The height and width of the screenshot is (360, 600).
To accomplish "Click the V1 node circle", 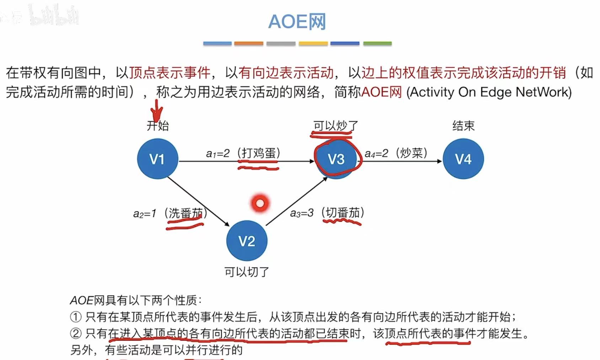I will pos(157,159).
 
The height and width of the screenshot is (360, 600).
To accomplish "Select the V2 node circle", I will pos(247,241).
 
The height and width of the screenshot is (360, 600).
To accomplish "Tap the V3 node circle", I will pos(336,159).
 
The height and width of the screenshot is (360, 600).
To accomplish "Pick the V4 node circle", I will pos(463,159).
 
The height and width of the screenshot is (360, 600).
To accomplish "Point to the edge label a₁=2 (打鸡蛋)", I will pos(243,153).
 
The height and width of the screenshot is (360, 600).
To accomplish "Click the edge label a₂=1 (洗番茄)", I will pos(170,213).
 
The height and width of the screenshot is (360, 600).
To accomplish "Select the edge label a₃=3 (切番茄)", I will pos(327,213).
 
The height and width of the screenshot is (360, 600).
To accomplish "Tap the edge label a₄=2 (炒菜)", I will pos(396,153).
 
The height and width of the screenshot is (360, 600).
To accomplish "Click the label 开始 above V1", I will pos(158,126).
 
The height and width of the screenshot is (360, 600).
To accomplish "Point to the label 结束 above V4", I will pos(463,126).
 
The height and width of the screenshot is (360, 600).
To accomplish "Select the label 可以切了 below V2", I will pos(247,272).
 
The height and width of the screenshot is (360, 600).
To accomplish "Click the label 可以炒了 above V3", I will pos(336,126).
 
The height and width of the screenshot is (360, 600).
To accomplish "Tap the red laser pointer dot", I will pos(260,203).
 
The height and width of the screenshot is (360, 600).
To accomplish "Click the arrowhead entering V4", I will pos(439,161).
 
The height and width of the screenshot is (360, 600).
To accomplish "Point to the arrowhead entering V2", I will pos(227,223).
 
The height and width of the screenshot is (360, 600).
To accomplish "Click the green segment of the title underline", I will pos(377,43).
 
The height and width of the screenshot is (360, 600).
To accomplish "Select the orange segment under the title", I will pos(249,43).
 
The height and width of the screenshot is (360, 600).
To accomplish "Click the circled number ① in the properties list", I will pos(76,317).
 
